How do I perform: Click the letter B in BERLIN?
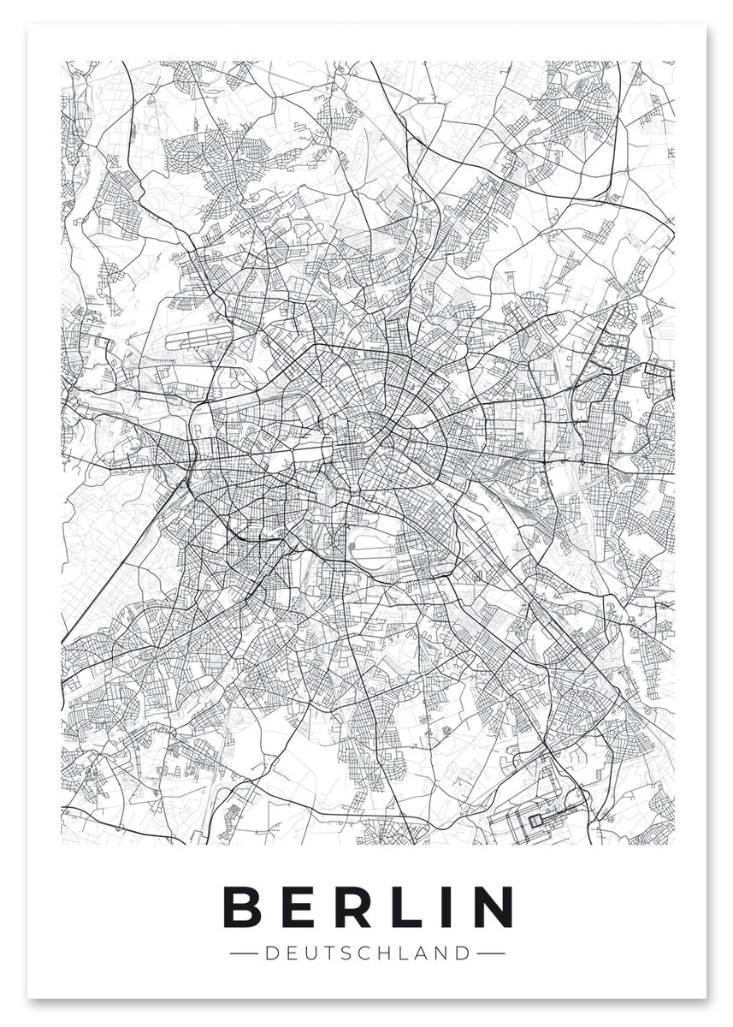(x=242, y=906)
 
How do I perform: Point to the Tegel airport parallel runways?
(x=198, y=336)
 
